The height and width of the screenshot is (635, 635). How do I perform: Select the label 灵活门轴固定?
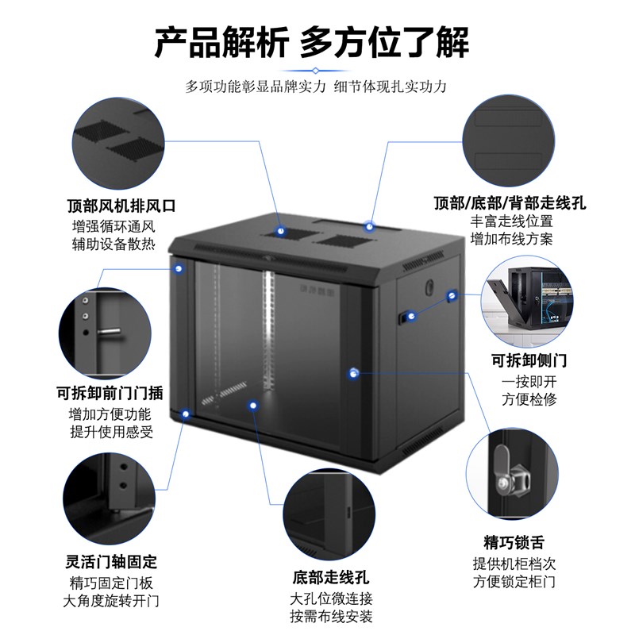click(x=111, y=562)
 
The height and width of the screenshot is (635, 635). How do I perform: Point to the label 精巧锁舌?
click(x=514, y=543)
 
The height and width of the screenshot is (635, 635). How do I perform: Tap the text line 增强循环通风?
click(x=110, y=225)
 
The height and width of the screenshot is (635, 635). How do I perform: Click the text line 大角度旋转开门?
click(x=111, y=600)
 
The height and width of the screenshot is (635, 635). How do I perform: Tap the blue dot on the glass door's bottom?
click(x=253, y=406)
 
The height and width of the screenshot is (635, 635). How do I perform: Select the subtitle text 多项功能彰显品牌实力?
click(x=256, y=87)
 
